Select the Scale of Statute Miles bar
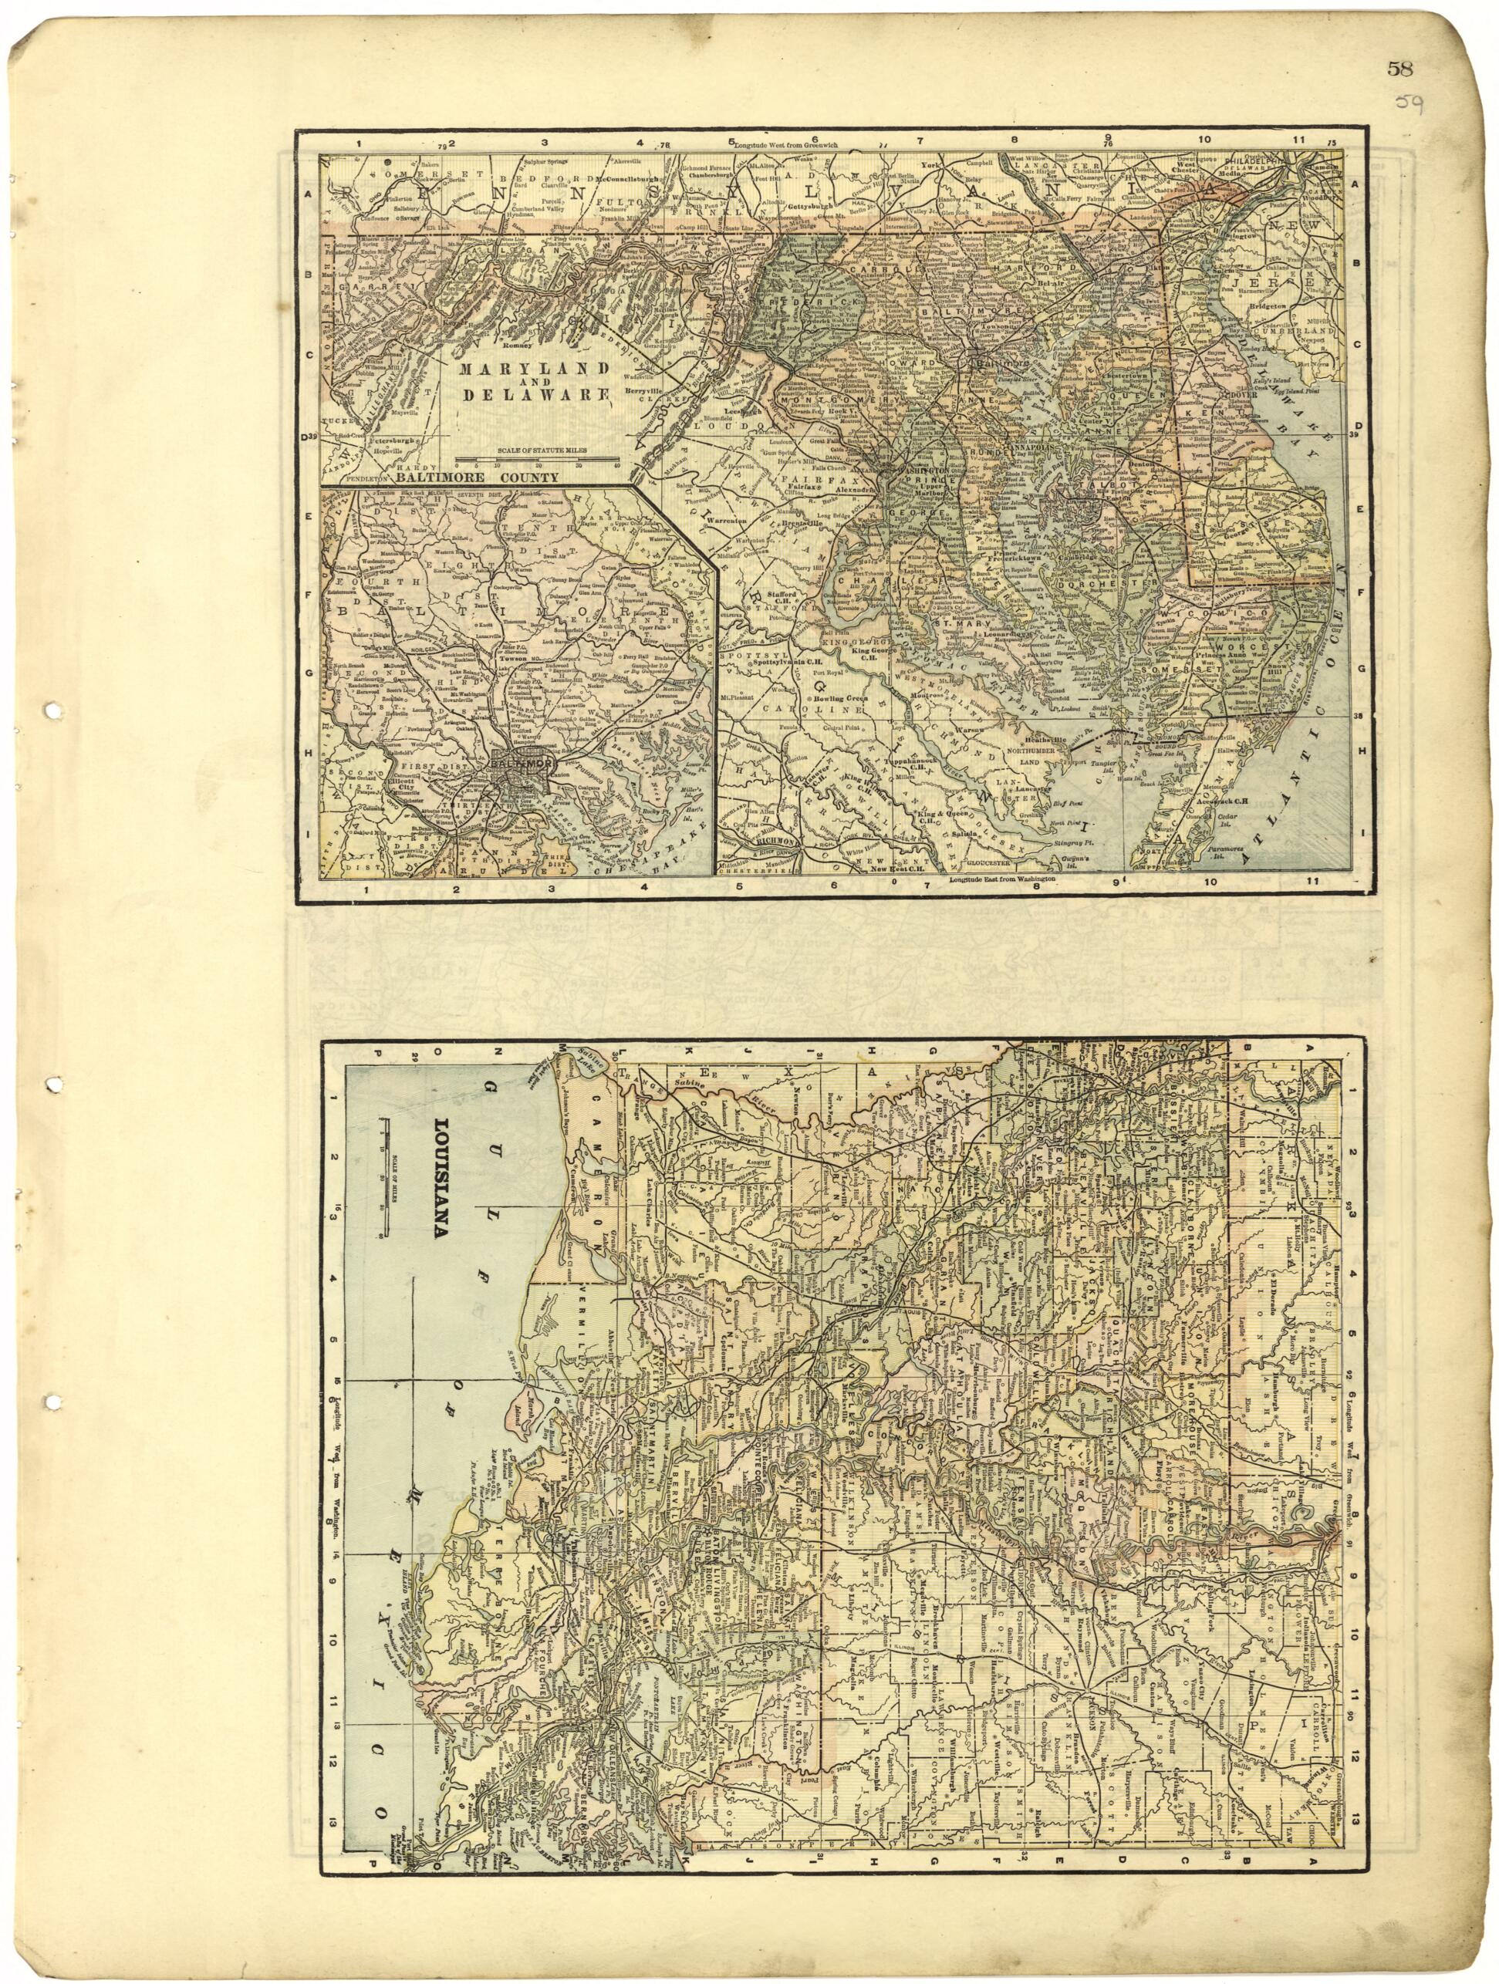[536, 463]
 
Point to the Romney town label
[518, 344]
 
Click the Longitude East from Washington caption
[1003, 881]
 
